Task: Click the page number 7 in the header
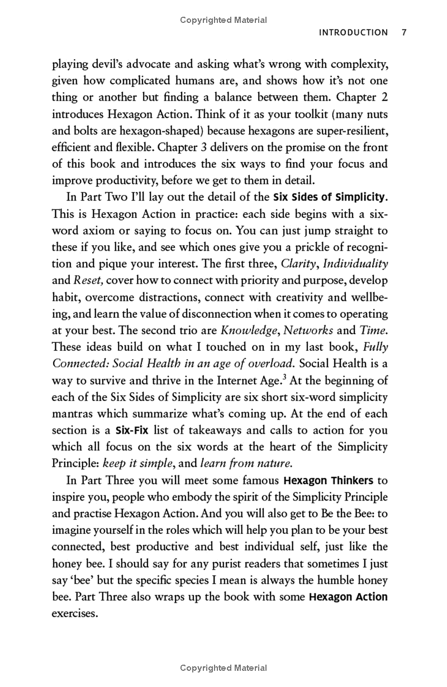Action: (x=404, y=32)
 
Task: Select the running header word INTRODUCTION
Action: (x=353, y=32)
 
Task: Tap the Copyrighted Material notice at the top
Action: (x=223, y=20)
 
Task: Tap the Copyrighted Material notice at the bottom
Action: (x=223, y=668)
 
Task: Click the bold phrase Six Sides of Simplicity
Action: (x=330, y=197)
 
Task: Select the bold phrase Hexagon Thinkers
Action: (x=328, y=480)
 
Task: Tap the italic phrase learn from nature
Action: (x=246, y=463)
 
